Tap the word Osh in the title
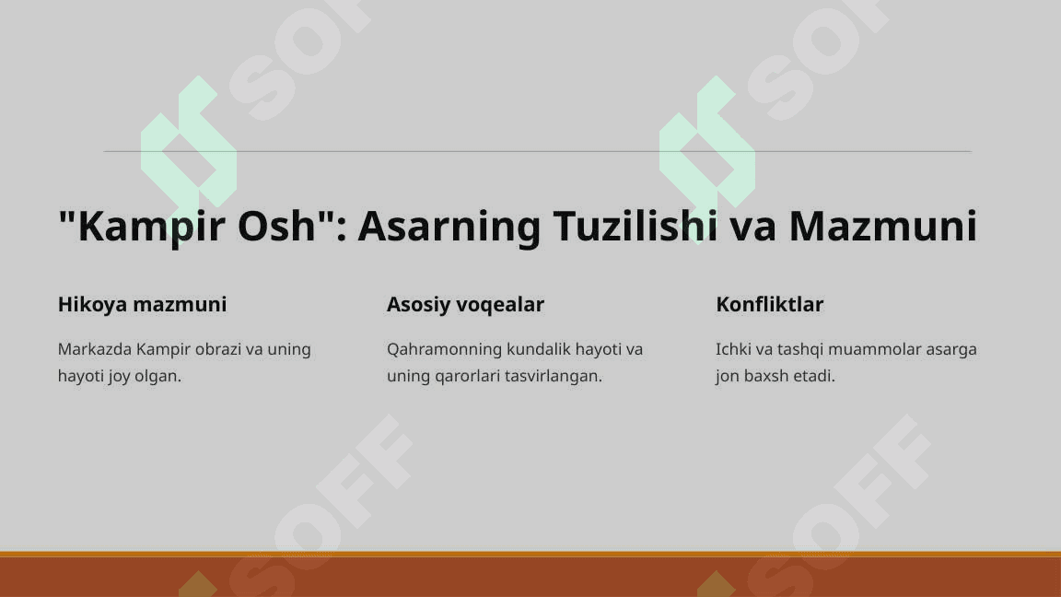[277, 226]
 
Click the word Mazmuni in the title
[883, 226]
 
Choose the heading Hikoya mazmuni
[142, 305]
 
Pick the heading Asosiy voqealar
[465, 305]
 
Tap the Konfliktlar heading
[769, 305]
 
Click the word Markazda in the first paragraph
[95, 349]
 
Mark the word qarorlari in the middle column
[467, 376]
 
